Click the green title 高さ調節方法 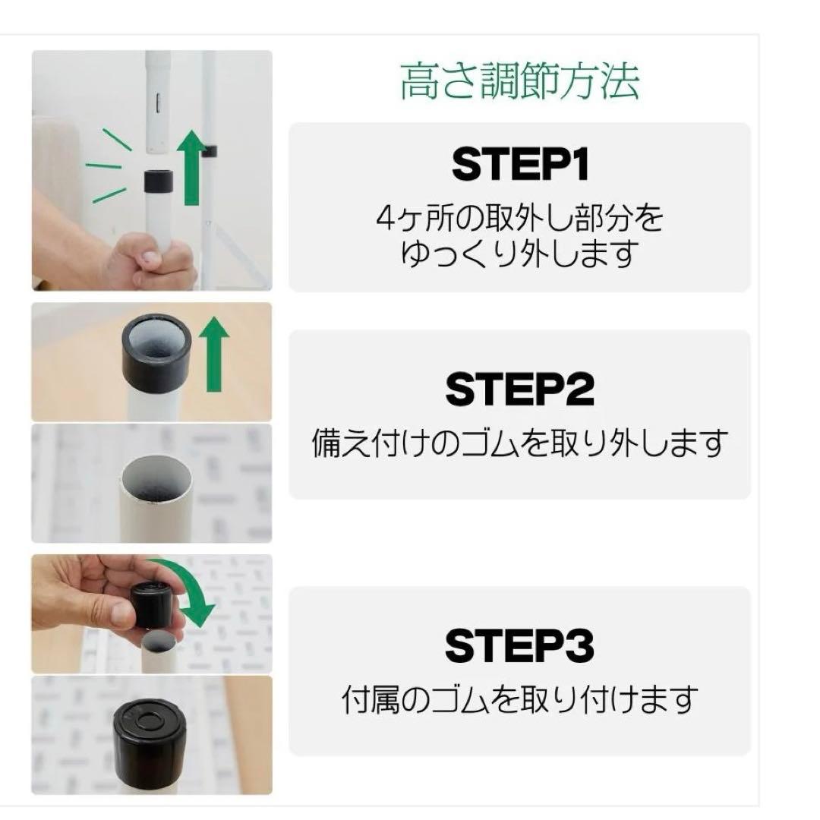(x=519, y=83)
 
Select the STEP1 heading (x=520, y=164)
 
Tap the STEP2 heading (x=520, y=389)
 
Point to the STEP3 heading (x=520, y=645)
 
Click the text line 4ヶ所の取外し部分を (x=520, y=219)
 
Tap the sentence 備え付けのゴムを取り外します (x=520, y=443)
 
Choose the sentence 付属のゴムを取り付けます (x=520, y=699)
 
